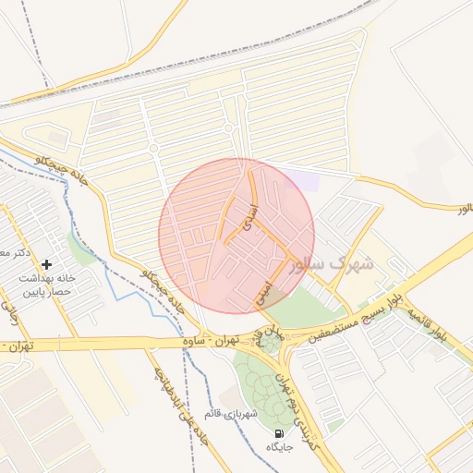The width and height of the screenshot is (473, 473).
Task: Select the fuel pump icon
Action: coord(278,433)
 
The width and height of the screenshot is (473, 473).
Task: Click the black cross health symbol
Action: coord(46,265)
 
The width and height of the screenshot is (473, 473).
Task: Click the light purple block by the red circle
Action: coord(302,180)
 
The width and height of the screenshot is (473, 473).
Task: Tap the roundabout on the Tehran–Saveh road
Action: coord(269,342)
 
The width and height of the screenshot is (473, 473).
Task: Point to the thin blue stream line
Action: coord(115,278)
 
